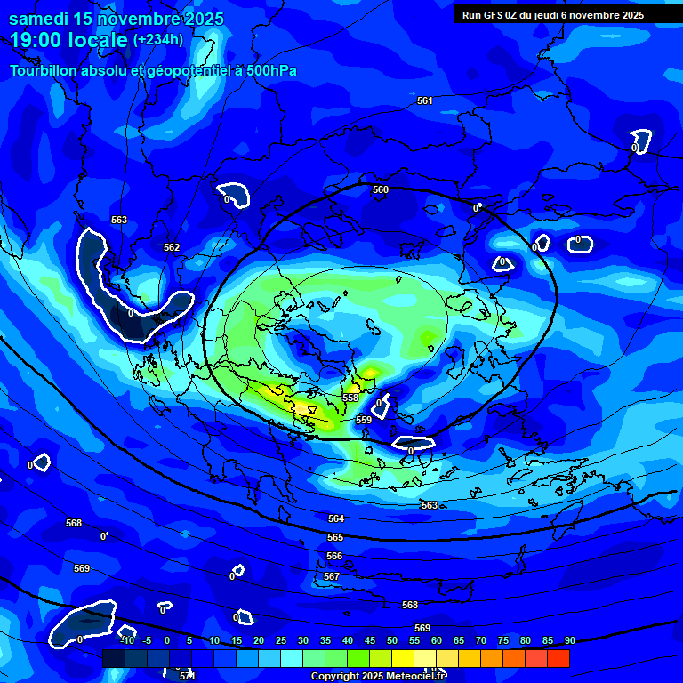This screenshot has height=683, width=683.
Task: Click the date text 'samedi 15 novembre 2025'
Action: coord(117,19)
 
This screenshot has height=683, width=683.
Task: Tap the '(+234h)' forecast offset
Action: coord(158,39)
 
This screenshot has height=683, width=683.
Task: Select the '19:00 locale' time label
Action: coord(68,40)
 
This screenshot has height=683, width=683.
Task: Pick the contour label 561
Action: coord(425,100)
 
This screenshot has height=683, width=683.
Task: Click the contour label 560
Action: coord(381,189)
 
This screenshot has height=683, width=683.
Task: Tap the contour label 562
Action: coord(172,247)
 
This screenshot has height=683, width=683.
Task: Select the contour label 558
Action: coord(351,398)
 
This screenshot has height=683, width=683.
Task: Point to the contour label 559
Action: coord(364,420)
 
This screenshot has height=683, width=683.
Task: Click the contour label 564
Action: coord(335,518)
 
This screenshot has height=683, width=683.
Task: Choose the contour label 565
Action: coord(335,538)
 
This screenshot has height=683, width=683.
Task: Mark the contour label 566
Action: coord(334,556)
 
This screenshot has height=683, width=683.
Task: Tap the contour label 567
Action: coord(332,576)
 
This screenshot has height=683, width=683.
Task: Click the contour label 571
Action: coord(187,677)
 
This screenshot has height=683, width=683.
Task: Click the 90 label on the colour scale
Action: coord(569,640)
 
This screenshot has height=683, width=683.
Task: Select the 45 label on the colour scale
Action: coord(370,640)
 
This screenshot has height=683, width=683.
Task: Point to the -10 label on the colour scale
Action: coord(127,640)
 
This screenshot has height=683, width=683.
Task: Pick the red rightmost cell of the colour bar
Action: coord(558,658)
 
